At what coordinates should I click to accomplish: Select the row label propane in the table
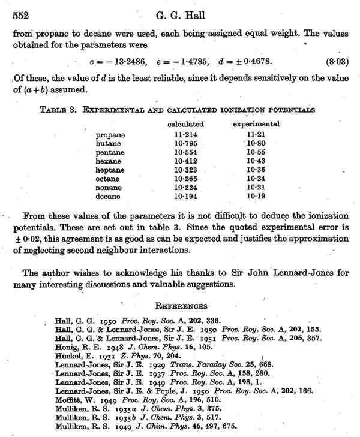click(x=109, y=135)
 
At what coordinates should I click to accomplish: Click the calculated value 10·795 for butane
click(x=185, y=144)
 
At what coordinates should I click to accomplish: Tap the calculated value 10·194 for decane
click(x=185, y=197)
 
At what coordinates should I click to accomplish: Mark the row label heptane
click(x=110, y=170)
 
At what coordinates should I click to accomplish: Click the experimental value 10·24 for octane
click(x=256, y=179)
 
